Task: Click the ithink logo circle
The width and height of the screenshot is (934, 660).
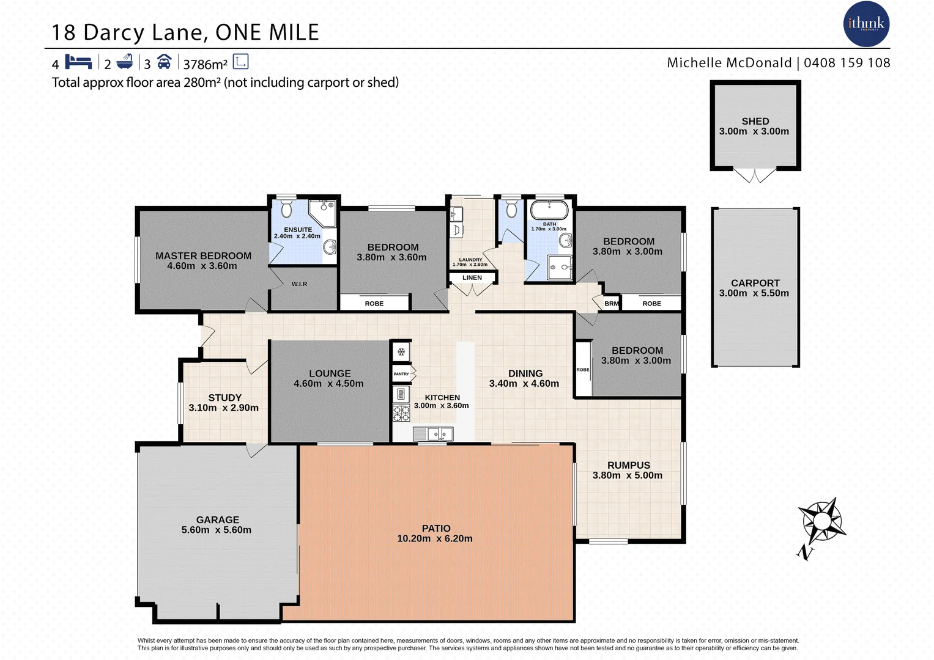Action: (866, 24)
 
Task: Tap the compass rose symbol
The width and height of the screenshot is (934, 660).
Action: (823, 521)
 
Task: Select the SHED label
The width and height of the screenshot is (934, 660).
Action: (755, 121)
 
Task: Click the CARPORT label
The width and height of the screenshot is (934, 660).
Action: (755, 283)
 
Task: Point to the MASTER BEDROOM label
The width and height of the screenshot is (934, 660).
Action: (203, 256)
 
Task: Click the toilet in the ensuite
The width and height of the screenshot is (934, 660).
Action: (286, 210)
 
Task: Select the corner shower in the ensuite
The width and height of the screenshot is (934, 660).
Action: (323, 212)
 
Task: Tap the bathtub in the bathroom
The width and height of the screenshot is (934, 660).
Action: (549, 210)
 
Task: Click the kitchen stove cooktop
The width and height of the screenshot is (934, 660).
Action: (401, 413)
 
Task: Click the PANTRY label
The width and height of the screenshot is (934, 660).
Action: (401, 374)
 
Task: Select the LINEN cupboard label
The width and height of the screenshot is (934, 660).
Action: (472, 277)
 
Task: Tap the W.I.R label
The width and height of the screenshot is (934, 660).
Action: (299, 284)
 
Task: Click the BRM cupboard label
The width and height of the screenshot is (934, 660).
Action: (611, 304)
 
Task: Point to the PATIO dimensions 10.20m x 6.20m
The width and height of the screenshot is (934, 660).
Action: (435, 538)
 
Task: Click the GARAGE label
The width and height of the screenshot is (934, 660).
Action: (217, 519)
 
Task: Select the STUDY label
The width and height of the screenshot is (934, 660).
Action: (224, 397)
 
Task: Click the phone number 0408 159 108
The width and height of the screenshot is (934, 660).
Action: (847, 63)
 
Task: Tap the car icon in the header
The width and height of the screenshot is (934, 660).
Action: (164, 62)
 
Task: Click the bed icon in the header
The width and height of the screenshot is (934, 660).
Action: (78, 62)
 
